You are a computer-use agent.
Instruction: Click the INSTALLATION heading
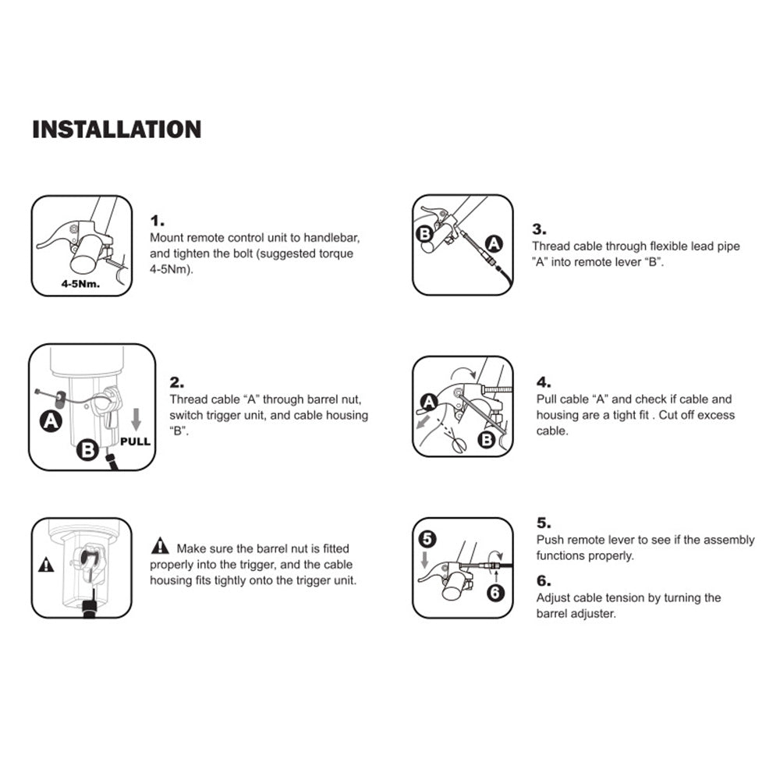click(x=117, y=129)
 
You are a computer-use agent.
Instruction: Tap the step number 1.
click(x=157, y=221)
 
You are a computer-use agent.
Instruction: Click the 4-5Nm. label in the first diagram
click(x=80, y=284)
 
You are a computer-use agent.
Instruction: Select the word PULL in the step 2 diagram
click(x=135, y=441)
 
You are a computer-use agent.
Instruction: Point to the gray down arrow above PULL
click(x=136, y=420)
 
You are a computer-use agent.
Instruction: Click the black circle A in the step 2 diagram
click(x=51, y=421)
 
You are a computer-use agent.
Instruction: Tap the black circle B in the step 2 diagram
click(x=87, y=450)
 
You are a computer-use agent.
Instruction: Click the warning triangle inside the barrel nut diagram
click(x=46, y=565)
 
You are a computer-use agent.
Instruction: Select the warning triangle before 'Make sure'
click(x=160, y=546)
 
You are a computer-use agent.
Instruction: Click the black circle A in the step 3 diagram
click(x=494, y=243)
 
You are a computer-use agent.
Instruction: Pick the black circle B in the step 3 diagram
click(x=425, y=233)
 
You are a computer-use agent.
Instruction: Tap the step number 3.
click(x=539, y=229)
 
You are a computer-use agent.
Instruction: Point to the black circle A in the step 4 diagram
click(x=429, y=402)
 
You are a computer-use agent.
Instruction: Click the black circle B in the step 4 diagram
click(x=487, y=439)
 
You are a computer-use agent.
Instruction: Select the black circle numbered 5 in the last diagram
click(x=427, y=539)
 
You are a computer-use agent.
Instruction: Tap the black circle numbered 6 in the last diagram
click(x=495, y=593)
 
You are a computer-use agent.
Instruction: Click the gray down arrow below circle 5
click(x=425, y=559)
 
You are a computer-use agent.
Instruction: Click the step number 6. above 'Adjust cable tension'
click(x=543, y=580)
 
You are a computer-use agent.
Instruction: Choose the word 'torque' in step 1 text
click(x=335, y=253)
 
